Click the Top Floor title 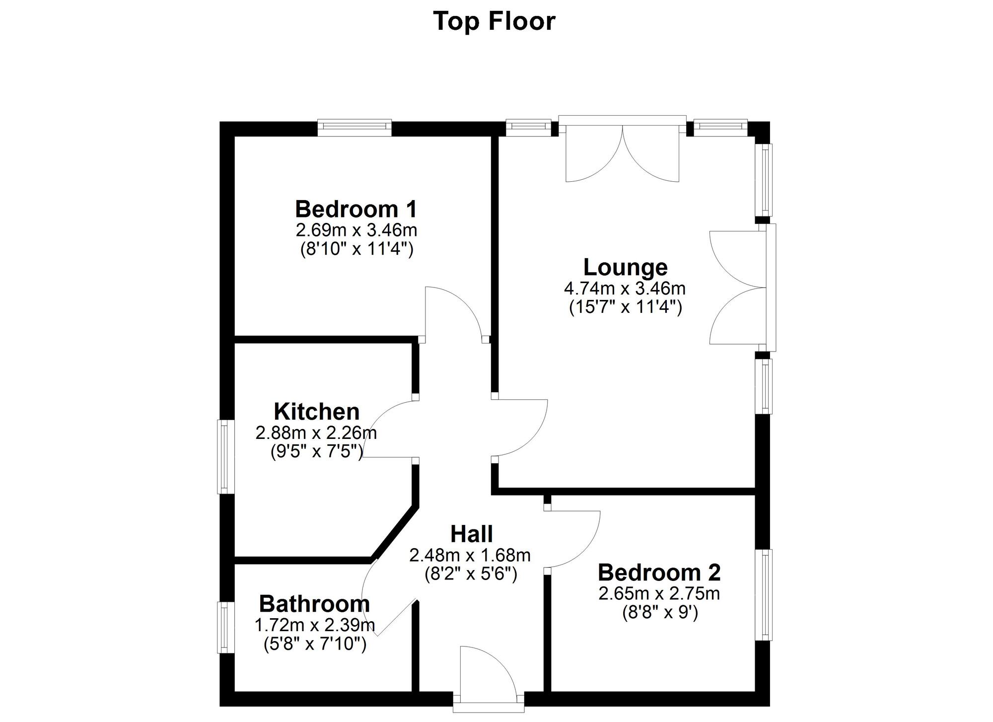[494, 21]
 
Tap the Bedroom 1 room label [356, 209]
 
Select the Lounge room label [625, 267]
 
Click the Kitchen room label [317, 412]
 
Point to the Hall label [471, 534]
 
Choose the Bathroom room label [314, 604]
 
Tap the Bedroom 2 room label [659, 573]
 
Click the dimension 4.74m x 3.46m [625, 288]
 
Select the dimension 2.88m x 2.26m [316, 433]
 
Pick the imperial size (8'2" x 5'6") [471, 574]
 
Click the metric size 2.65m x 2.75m [659, 593]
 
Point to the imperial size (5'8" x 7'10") [315, 644]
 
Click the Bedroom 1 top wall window [355, 127]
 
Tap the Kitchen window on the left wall [226, 457]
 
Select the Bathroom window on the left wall [225, 627]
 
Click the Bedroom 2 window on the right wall [764, 595]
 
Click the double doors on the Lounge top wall [623, 151]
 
